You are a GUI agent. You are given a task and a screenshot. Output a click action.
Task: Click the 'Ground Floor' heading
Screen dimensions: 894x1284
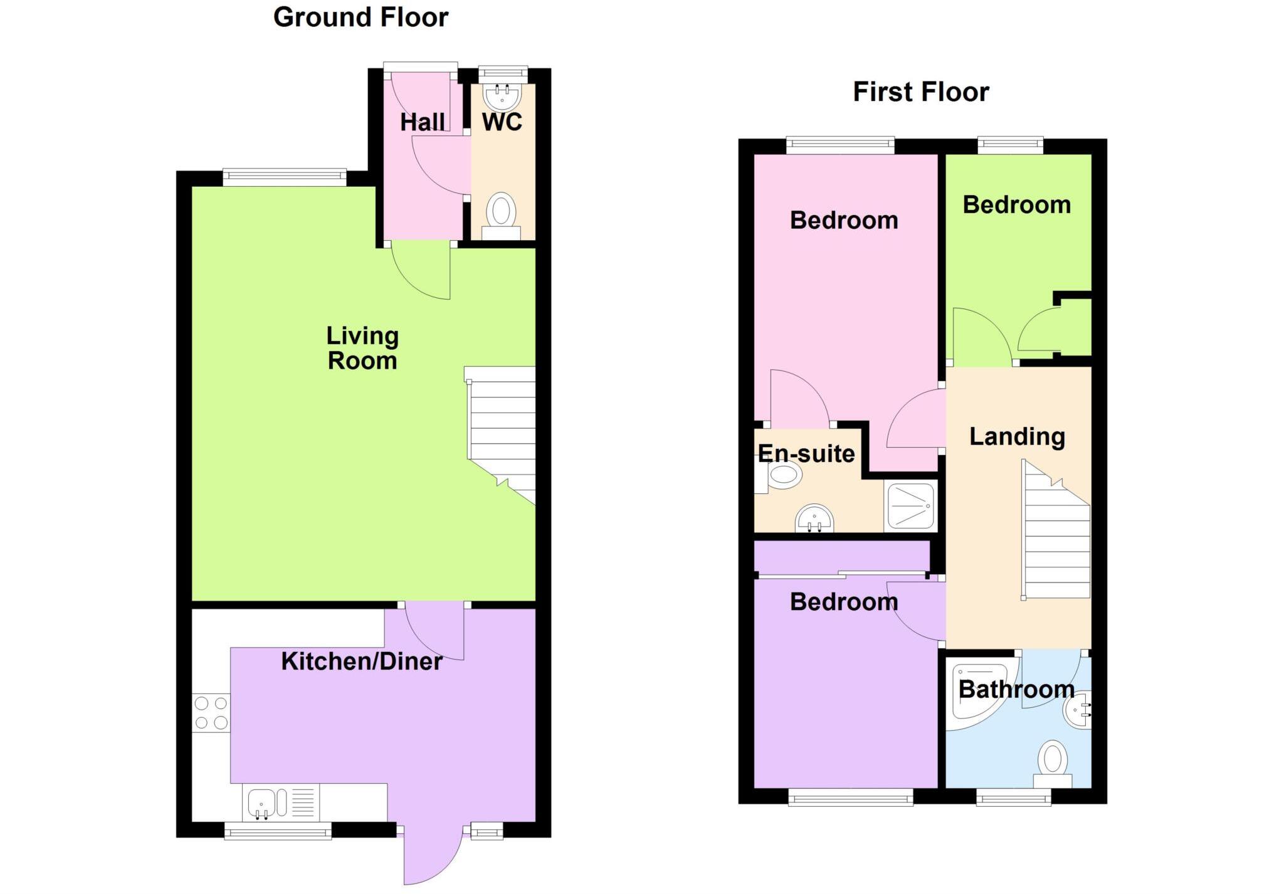click(360, 18)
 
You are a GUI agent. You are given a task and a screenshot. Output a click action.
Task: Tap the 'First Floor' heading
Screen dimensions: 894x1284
click(920, 92)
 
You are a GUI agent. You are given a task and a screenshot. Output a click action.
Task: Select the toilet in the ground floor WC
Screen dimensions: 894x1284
click(501, 213)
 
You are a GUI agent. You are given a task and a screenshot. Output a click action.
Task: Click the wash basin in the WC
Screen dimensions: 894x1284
click(502, 97)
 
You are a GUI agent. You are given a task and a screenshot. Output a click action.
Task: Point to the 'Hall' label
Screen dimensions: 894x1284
click(423, 122)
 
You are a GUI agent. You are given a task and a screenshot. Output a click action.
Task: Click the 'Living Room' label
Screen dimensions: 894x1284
click(362, 349)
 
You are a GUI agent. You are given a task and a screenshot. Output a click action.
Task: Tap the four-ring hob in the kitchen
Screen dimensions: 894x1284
click(211, 713)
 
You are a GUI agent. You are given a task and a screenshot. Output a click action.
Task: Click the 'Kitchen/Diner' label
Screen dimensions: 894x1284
click(361, 661)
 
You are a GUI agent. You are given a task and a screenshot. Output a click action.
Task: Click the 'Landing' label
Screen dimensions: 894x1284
click(1017, 437)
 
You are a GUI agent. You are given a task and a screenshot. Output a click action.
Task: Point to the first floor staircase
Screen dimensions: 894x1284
click(1056, 533)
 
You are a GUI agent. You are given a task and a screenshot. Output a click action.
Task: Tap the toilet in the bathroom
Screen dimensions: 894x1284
click(1053, 764)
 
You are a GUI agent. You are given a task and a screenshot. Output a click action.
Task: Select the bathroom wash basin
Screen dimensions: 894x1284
click(1078, 710)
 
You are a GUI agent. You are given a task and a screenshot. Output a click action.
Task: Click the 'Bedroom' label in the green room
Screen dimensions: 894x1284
click(1016, 205)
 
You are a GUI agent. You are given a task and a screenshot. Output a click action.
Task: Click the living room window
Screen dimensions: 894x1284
click(284, 177)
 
